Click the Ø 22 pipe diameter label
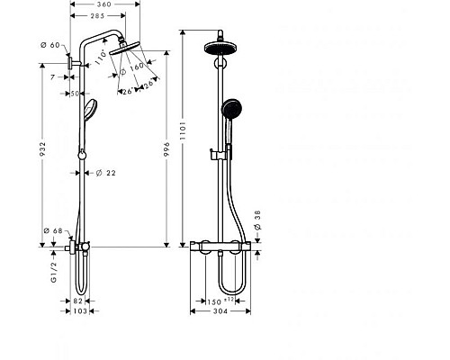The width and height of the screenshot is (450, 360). click(105, 173)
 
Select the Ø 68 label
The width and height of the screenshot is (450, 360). click(57, 232)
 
